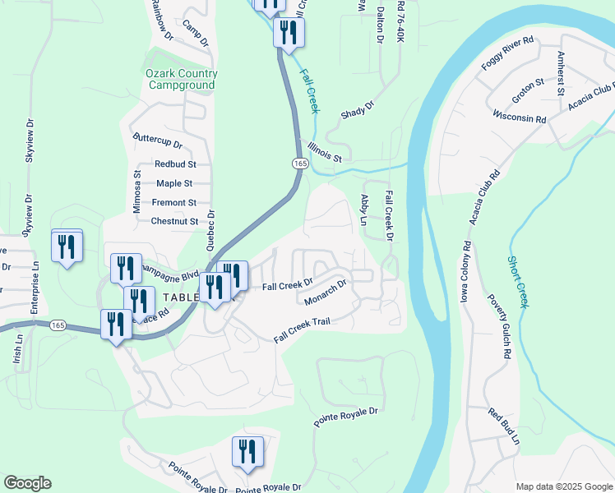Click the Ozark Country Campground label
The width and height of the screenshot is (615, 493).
181,79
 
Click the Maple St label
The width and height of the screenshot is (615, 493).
174,183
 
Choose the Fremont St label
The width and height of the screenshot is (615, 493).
174,202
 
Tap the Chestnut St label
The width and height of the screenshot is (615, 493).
174,221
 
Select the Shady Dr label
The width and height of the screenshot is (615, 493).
357,107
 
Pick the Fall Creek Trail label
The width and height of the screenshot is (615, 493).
302,327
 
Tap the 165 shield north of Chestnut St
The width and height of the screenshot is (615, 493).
299,164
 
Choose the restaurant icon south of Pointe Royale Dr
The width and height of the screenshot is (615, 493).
247,452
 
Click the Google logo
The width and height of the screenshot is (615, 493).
27,483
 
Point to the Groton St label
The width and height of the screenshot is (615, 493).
528,88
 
